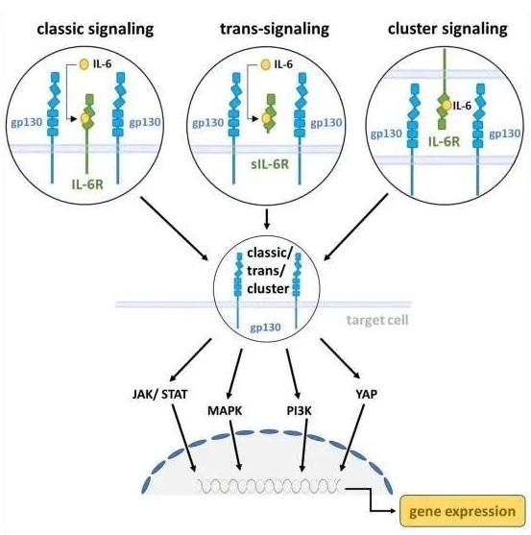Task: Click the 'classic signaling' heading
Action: coord(95,30)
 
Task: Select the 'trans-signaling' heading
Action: coord(275,30)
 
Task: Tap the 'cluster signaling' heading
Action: coord(447,30)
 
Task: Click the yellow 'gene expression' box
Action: coord(462,511)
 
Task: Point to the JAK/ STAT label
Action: coord(160,395)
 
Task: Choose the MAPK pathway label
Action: coord(225,411)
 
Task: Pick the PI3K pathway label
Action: coord(299,411)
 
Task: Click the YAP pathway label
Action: coord(367,395)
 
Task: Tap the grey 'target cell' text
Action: coord(377,321)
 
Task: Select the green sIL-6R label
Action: coord(270,164)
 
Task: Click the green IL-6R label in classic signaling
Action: coord(87,184)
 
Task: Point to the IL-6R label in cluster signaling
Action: coord(444,141)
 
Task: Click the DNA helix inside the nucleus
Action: coord(270,486)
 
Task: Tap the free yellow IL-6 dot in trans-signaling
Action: coord(265,64)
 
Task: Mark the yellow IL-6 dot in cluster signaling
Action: coord(447,106)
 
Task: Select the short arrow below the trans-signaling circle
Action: coord(267,219)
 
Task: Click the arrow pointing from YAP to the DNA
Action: coord(353,437)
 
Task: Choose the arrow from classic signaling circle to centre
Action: coord(175,229)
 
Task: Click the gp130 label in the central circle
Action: coord(265,328)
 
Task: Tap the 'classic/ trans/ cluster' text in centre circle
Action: coord(269,271)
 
